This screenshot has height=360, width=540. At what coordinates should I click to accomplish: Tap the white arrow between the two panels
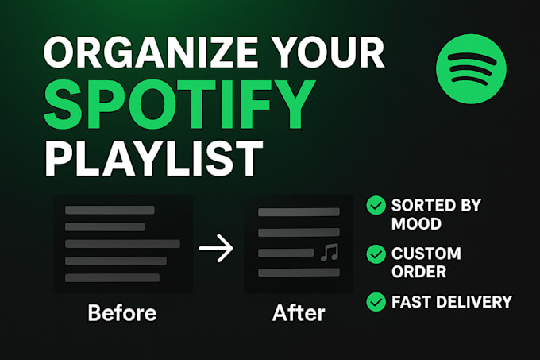pyautogui.click(x=216, y=250)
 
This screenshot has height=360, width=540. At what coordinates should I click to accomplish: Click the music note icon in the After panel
pyautogui.click(x=328, y=253)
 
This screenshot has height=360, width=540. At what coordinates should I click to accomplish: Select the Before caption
pyautogui.click(x=122, y=312)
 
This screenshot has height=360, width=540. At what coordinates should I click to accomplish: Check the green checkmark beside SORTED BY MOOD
pyautogui.click(x=376, y=206)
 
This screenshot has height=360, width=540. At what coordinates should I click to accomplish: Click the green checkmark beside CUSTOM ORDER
pyautogui.click(x=376, y=254)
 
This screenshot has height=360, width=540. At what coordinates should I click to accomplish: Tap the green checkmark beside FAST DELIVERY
pyautogui.click(x=376, y=302)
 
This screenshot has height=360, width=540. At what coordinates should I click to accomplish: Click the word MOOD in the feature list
pyautogui.click(x=415, y=223)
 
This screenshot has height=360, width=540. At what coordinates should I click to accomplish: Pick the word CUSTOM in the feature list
pyautogui.click(x=426, y=254)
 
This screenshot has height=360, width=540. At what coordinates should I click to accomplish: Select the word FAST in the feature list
pyautogui.click(x=409, y=302)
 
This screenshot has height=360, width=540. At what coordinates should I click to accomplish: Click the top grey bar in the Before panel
pyautogui.click(x=109, y=210)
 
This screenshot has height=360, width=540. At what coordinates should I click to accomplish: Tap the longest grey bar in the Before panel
pyautogui.click(x=122, y=243)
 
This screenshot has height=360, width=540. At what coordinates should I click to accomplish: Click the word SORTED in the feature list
pyautogui.click(x=421, y=205)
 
